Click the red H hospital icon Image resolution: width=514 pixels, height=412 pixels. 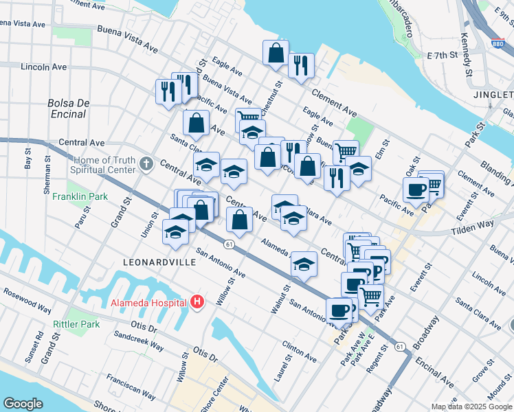pos(197,301)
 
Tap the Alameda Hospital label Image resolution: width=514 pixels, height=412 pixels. pos(148,302)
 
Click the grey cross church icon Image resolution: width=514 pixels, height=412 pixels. pos(146,164)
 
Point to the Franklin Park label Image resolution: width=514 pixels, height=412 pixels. pos(80,196)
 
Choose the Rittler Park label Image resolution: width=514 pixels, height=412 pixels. pos(76,324)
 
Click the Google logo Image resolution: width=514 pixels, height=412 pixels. pos(23,404)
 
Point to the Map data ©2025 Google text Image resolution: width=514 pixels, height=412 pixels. pos(471,407)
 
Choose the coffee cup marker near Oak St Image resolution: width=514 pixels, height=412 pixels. pos(416,190)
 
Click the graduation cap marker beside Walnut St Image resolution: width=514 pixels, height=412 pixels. pos(304,264)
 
